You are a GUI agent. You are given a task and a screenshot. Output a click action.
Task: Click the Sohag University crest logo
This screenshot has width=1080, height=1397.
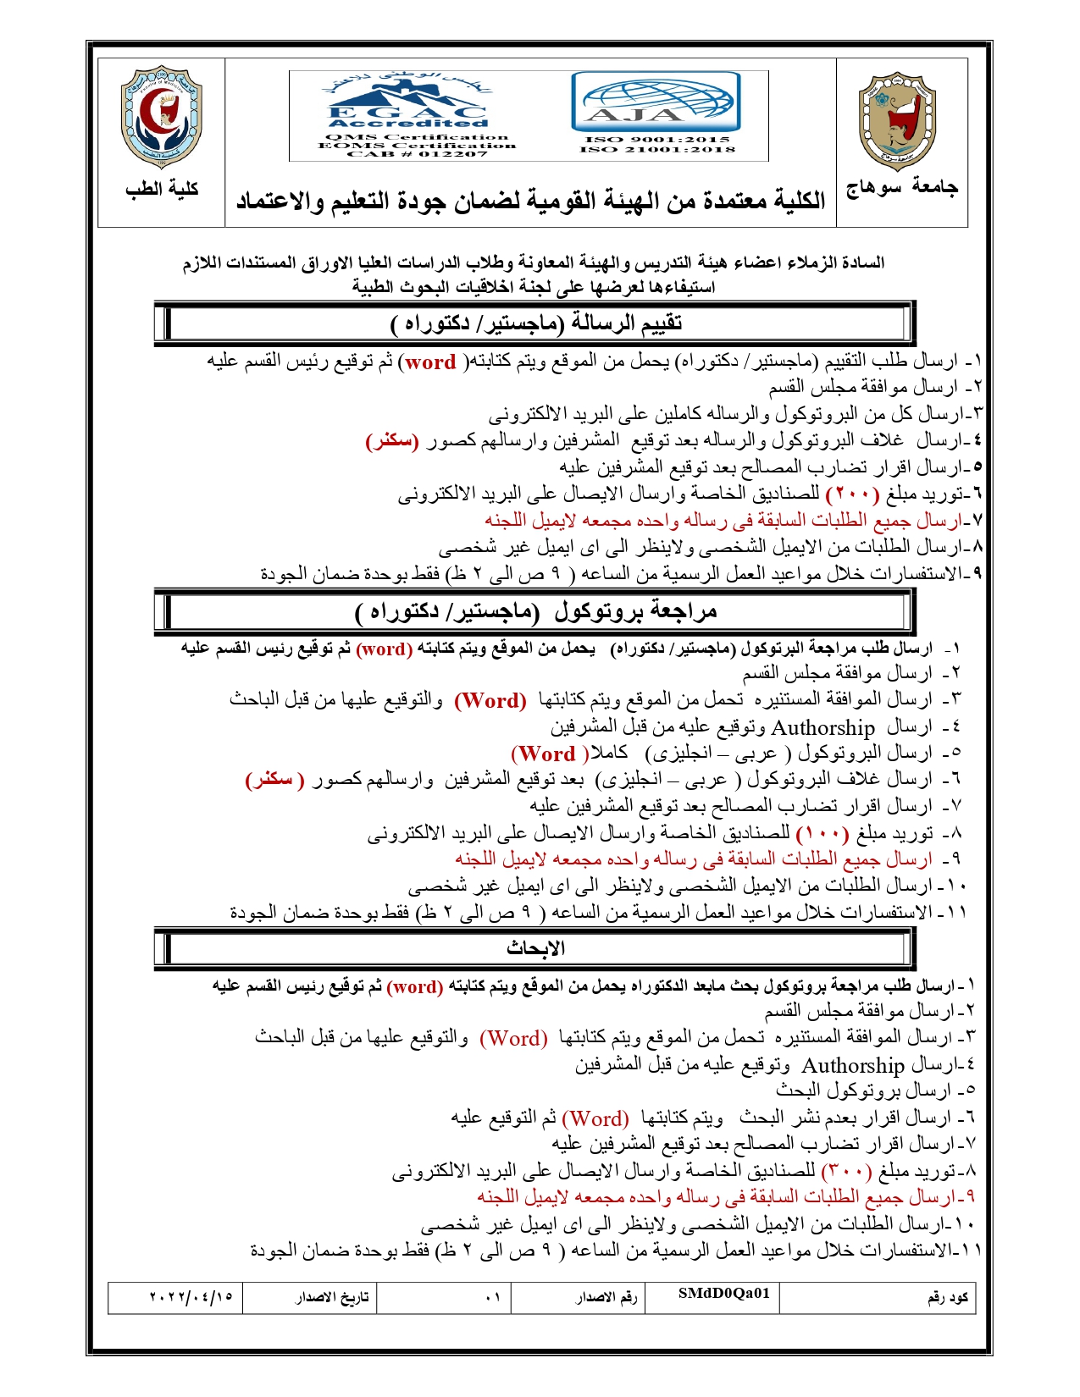tap(899, 121)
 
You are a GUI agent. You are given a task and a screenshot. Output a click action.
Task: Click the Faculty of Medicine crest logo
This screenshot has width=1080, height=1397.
tap(162, 117)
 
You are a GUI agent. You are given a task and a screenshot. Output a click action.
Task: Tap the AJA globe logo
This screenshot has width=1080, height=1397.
tap(655, 101)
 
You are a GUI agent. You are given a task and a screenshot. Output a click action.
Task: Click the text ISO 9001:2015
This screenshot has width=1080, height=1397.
tap(657, 139)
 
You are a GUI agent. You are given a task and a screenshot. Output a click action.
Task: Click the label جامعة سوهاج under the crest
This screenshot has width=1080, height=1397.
tap(901, 188)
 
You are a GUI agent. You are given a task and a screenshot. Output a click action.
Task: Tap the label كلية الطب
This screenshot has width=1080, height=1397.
tap(162, 189)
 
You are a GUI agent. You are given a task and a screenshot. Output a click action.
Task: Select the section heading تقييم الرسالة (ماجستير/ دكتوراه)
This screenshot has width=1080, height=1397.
tap(536, 323)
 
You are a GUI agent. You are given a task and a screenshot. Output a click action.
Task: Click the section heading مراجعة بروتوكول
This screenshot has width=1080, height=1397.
tap(536, 611)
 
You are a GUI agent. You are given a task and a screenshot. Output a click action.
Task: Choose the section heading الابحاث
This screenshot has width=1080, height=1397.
tap(536, 948)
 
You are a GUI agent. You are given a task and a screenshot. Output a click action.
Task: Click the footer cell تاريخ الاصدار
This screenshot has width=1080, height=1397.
tap(332, 1297)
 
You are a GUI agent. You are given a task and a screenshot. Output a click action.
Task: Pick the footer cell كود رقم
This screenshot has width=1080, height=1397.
tap(947, 1297)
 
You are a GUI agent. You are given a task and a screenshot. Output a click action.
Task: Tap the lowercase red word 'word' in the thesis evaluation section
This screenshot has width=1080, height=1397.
tap(430, 362)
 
